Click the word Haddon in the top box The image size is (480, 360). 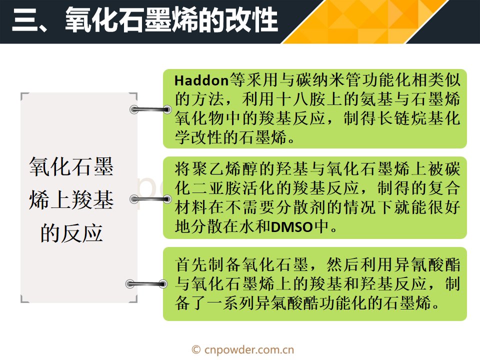201,80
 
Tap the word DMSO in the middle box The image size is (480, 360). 291,227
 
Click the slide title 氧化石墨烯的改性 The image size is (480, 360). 171,19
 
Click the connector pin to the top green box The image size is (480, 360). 150,109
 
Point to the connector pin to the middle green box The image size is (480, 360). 150,199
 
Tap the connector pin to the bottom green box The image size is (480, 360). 146,284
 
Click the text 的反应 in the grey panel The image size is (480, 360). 71,233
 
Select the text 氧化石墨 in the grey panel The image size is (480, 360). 71,167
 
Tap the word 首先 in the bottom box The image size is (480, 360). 191,264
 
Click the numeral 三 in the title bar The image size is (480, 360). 25,19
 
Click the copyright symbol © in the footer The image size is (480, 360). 196,349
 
